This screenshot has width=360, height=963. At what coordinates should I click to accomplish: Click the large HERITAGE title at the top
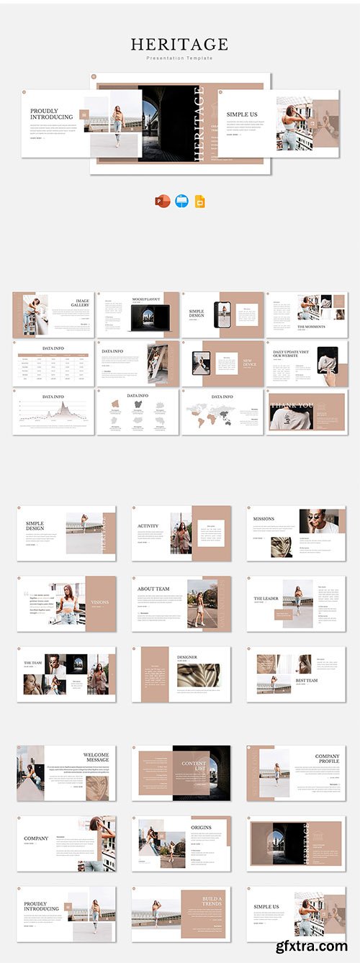179,45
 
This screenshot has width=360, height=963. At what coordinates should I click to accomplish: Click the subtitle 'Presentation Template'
179,58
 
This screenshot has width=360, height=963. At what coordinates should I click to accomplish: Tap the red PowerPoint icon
161,202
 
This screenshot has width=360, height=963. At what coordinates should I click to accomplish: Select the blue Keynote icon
181,202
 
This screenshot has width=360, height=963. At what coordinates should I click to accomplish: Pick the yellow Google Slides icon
199,202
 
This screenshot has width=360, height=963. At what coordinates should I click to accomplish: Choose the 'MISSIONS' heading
264,518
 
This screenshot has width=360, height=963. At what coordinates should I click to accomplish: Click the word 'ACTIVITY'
148,526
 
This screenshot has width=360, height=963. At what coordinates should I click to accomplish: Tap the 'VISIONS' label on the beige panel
99,602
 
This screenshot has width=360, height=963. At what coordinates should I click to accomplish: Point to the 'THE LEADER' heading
266,599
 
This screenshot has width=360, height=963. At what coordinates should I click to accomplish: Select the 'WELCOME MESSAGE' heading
96,757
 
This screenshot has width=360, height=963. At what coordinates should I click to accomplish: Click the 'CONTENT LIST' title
194,767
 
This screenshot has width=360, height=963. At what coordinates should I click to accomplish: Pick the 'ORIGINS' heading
202,828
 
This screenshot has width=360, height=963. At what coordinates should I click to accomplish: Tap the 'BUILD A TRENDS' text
212,901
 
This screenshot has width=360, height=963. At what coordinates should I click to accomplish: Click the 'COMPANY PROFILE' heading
328,759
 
